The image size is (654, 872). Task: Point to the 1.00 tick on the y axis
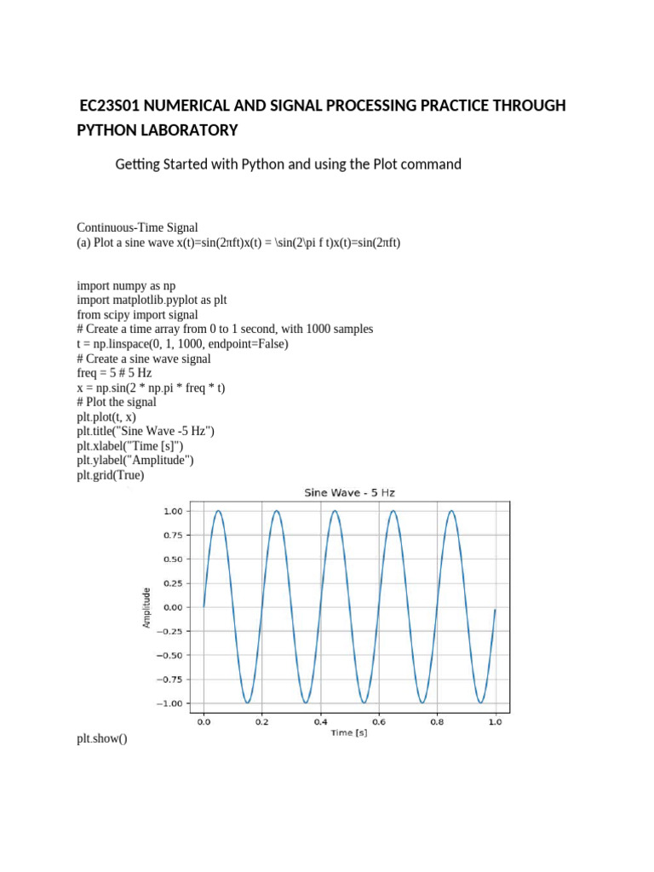click(172, 511)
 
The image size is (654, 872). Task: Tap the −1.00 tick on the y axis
click(169, 703)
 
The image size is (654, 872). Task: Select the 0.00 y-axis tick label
click(172, 607)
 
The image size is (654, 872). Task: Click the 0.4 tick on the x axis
click(320, 722)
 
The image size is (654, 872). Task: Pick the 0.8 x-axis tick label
click(437, 722)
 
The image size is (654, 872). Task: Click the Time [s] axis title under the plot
click(349, 733)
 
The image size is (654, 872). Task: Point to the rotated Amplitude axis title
click(146, 607)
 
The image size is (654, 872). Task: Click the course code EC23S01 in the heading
click(110, 106)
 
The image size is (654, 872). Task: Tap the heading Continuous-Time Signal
click(137, 227)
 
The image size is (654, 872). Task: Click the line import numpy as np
click(126, 285)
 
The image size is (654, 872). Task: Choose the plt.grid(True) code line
click(111, 475)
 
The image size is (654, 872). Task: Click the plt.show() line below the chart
click(101, 738)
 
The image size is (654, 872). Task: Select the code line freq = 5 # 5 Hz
click(120, 373)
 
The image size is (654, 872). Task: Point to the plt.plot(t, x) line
click(106, 417)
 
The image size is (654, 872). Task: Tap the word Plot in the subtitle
click(385, 163)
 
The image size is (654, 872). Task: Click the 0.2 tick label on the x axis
click(262, 722)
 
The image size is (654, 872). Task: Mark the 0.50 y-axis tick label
click(172, 559)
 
